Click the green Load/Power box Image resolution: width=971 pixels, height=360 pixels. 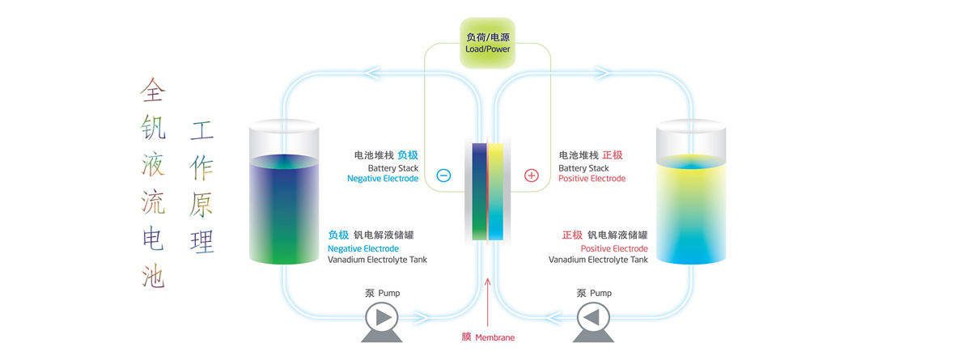click(487, 43)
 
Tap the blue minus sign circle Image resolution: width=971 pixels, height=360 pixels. click(443, 175)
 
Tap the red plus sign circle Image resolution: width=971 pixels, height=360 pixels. click(532, 175)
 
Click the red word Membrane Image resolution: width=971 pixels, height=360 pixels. click(494, 337)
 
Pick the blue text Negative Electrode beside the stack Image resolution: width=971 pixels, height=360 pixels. click(382, 179)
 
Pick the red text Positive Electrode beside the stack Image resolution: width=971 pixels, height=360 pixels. click(592, 179)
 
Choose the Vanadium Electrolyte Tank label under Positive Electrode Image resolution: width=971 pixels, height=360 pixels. click(598, 260)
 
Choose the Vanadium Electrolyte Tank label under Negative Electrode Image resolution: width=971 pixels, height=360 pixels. click(377, 260)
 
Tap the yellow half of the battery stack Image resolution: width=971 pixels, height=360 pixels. click(495, 190)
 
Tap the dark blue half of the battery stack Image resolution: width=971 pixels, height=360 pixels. click(480, 190)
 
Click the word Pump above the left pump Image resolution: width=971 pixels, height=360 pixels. click(389, 293)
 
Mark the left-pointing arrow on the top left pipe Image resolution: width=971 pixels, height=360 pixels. click(373, 74)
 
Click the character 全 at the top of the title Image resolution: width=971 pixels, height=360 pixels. click(152, 89)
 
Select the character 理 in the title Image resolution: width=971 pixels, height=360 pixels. click(202, 241)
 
